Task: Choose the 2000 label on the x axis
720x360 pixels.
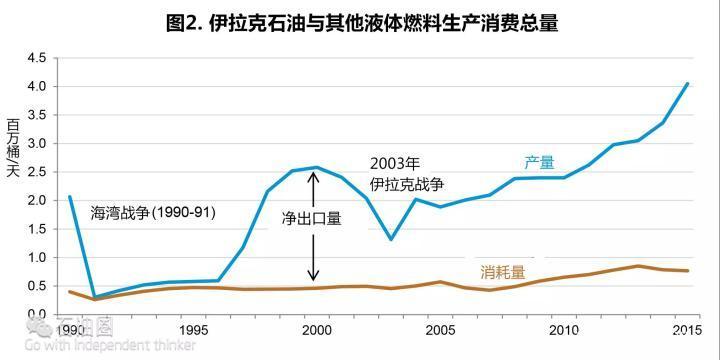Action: pyautogui.click(x=315, y=330)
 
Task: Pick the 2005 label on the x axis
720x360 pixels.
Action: pyautogui.click(x=440, y=330)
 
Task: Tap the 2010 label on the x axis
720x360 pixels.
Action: pyautogui.click(x=564, y=330)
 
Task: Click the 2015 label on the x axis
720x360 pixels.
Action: pyautogui.click(x=686, y=330)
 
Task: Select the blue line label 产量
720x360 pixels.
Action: pyautogui.click(x=539, y=162)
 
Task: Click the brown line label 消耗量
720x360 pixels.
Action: pyautogui.click(x=502, y=271)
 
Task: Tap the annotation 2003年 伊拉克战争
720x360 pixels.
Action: pyautogui.click(x=406, y=174)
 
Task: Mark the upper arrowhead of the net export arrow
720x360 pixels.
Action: pyautogui.click(x=314, y=177)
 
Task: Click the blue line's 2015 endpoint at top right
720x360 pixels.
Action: pyautogui.click(x=687, y=83)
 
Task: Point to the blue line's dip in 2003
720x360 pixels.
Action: pyautogui.click(x=390, y=239)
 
